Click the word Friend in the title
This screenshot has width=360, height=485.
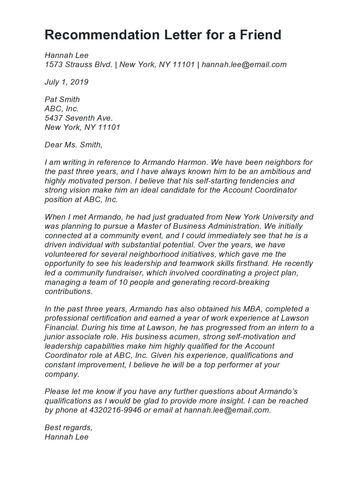[260, 35]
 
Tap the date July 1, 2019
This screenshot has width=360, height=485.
[66, 82]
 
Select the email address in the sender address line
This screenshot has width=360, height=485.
[244, 64]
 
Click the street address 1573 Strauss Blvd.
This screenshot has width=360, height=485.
[78, 64]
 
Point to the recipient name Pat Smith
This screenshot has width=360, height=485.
[62, 99]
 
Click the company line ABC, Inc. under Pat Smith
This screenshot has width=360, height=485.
[62, 109]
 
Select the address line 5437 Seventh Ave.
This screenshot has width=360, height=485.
[79, 118]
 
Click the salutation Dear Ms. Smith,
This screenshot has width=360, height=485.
[73, 145]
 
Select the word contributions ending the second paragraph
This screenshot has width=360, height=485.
[68, 291]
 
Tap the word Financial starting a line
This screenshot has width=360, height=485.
[62, 327]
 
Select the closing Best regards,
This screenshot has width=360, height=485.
[68, 427]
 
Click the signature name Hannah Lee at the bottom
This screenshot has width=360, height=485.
[66, 437]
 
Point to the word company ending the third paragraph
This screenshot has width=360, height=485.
[62, 374]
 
